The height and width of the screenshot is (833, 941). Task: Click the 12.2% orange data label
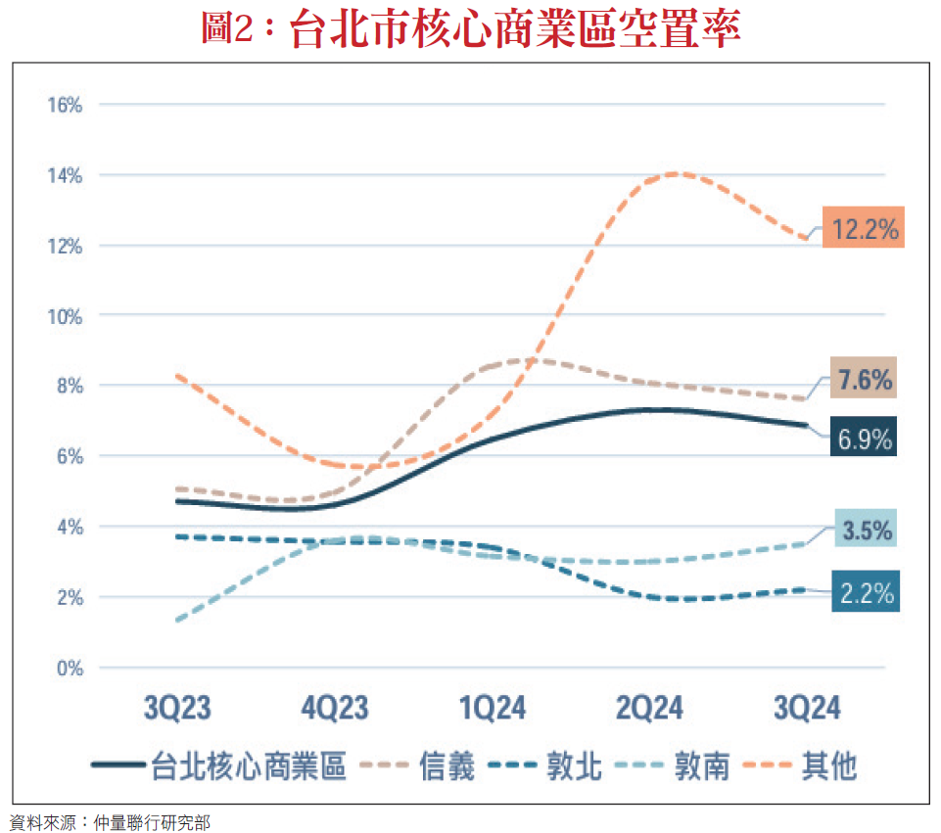(x=862, y=228)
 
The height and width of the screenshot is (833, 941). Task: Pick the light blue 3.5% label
(x=866, y=531)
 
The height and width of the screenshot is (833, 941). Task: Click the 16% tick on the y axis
(x=65, y=105)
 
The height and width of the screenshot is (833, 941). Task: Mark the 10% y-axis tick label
(x=65, y=316)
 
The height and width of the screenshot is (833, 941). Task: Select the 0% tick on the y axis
(x=69, y=669)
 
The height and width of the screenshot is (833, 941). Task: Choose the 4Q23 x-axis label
(x=335, y=709)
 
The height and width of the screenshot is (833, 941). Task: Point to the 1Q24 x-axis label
(x=493, y=709)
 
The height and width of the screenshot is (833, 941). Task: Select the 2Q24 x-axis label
(x=649, y=709)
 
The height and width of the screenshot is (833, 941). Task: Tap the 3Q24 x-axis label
(x=807, y=709)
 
